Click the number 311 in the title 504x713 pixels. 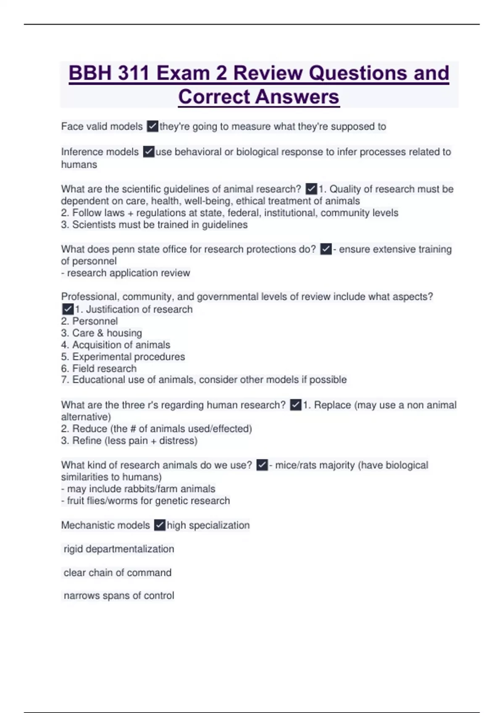click(133, 73)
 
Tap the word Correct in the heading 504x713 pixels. click(214, 97)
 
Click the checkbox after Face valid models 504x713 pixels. click(152, 126)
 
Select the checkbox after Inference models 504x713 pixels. click(149, 151)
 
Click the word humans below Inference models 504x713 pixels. click(79, 164)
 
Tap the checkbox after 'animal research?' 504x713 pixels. click(311, 189)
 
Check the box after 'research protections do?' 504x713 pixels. click(326, 249)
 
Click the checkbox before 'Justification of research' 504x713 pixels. click(68, 309)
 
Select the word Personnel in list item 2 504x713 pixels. click(95, 321)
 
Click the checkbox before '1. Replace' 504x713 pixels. click(296, 405)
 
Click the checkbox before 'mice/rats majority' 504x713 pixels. click(262, 465)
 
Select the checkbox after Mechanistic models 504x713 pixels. click(160, 525)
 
